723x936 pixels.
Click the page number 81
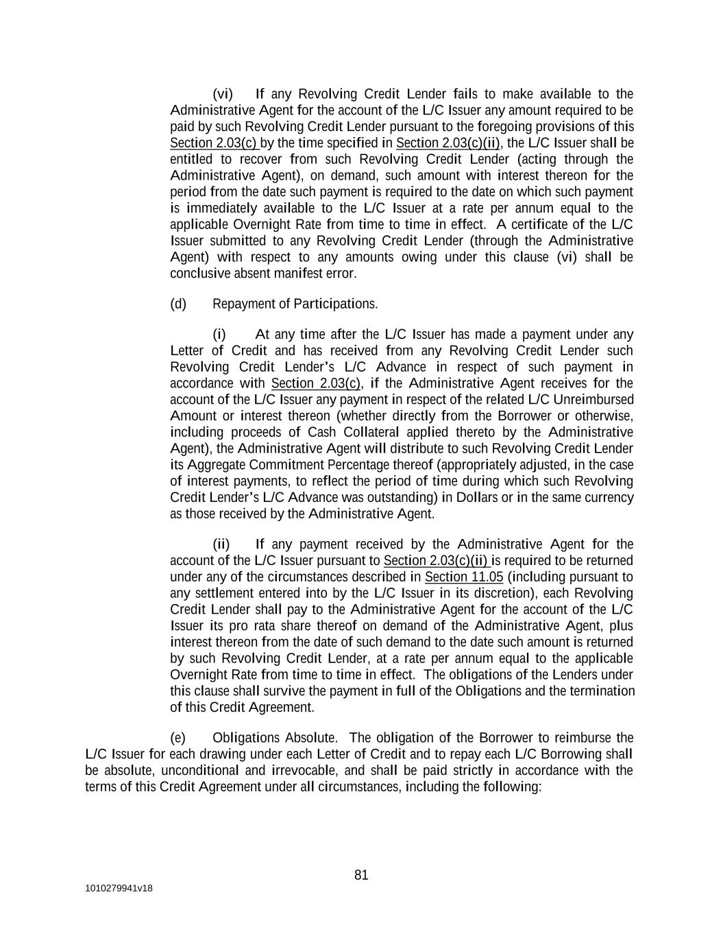coord(361,875)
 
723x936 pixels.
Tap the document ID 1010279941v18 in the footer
coord(119,889)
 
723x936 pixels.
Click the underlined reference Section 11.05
coord(464,577)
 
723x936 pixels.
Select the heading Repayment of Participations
coord(295,304)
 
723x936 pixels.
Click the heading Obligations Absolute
coord(274,738)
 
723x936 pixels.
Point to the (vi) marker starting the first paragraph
coord(223,94)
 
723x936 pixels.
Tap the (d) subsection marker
coord(178,304)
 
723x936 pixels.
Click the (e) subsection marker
coord(178,738)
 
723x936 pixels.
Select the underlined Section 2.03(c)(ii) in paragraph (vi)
coord(448,143)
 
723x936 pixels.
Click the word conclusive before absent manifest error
coord(199,274)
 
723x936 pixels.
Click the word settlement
coord(219,593)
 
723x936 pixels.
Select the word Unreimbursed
coord(597,399)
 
